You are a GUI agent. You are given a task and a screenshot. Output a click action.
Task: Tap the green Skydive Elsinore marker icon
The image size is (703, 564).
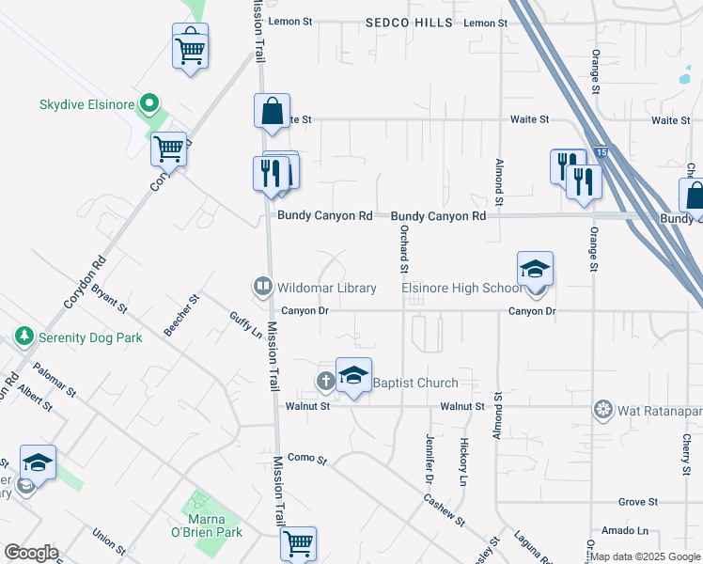click(148, 103)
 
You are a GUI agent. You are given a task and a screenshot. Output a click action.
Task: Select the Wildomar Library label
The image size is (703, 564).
click(325, 288)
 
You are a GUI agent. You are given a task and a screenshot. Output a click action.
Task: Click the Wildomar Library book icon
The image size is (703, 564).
click(262, 287)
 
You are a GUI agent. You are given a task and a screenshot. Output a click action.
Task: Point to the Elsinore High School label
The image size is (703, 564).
click(461, 288)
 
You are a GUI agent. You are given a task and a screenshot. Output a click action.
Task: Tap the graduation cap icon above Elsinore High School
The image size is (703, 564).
click(535, 269)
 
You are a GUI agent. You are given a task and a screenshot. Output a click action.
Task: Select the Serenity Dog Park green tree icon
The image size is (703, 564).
click(23, 336)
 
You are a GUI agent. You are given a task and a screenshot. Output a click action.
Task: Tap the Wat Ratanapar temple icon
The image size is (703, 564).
click(602, 409)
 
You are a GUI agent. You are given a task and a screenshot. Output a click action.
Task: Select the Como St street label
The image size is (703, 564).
click(306, 459)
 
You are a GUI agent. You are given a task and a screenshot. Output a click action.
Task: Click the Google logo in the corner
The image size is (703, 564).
click(31, 552)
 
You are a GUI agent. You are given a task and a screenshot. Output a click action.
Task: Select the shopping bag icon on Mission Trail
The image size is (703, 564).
click(272, 111)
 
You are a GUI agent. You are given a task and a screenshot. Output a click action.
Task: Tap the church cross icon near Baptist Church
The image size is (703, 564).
click(325, 381)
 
